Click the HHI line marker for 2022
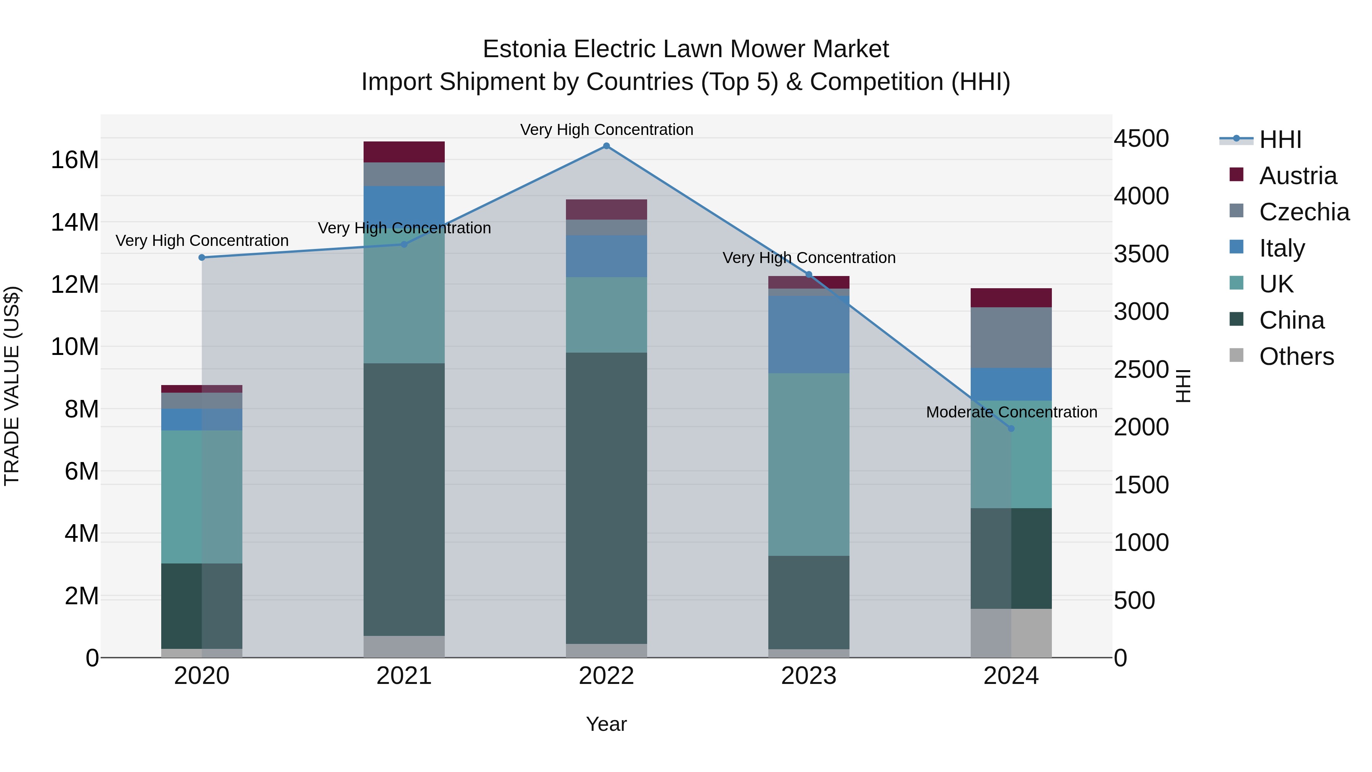tap(606, 146)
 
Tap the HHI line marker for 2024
tap(1011, 429)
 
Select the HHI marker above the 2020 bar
tap(202, 257)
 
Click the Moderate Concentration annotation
tap(1011, 412)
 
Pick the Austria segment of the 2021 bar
tap(404, 152)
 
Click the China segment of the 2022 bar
tap(606, 498)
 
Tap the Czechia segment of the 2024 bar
tap(1011, 337)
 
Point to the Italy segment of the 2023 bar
tap(808, 335)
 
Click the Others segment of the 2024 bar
tap(1011, 633)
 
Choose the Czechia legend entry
tap(1303, 212)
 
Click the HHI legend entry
tap(1280, 140)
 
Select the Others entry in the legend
tap(1296, 356)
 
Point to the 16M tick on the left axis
tap(75, 160)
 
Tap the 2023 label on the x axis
tap(808, 676)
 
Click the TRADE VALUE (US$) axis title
tap(12, 386)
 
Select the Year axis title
tap(606, 724)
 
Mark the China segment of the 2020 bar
tap(202, 606)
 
